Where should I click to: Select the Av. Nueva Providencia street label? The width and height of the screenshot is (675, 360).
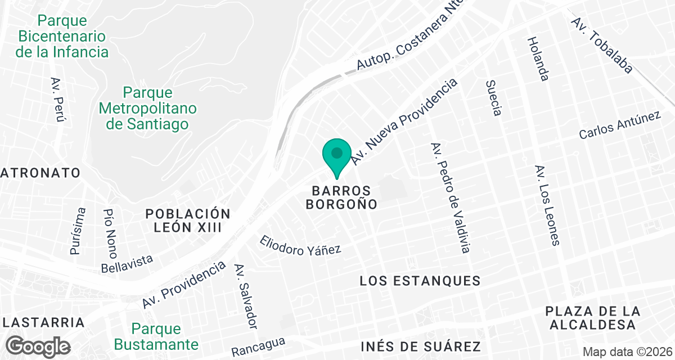pos(404,122)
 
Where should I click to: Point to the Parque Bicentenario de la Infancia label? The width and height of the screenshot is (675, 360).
pos(62,37)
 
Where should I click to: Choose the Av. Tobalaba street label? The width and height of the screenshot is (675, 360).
pos(602,45)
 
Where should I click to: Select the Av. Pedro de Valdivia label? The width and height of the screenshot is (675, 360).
pos(449,197)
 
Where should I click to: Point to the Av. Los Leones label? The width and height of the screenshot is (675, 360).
pos(547,205)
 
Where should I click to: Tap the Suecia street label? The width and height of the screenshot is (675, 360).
pos(493,98)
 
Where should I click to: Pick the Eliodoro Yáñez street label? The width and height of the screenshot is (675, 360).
pos(300,245)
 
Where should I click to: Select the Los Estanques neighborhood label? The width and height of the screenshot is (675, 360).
pos(420,281)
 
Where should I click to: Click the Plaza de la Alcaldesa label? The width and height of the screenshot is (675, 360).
pos(593,318)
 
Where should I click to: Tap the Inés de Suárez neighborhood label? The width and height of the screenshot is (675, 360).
pos(420,345)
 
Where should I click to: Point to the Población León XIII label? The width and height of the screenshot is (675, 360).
pos(188,220)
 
